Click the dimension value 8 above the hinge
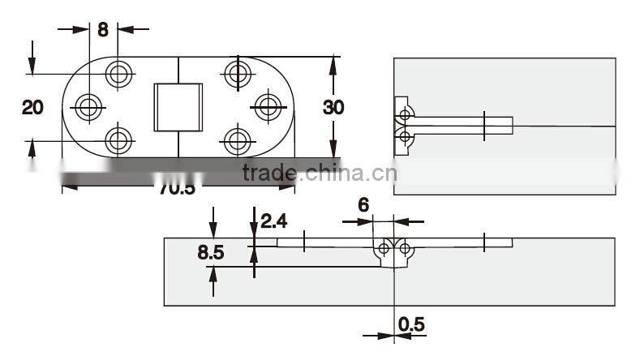pos(103,30)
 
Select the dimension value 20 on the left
pos(32,106)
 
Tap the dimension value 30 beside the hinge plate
pos(333,107)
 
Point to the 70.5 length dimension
pos(177,188)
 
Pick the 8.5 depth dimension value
pos(211,252)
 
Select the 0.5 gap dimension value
pos(411,324)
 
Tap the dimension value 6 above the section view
pos(363,205)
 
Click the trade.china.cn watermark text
pos(320,173)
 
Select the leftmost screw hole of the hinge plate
pos(88,105)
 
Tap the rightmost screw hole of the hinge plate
pos(268,105)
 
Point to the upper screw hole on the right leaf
pos(238,74)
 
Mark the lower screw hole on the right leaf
pos(237,141)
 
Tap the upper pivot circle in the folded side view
pos(404,115)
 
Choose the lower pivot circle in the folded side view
pos(404,138)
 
